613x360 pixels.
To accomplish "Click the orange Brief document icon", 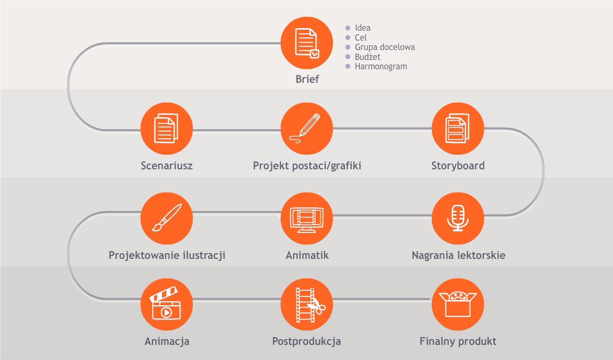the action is (x=307, y=43).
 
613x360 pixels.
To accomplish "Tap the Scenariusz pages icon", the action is (x=167, y=129).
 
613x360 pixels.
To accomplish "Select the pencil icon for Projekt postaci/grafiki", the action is (x=307, y=129).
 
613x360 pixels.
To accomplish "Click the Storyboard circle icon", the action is (x=458, y=129).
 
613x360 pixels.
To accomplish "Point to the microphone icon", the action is (x=458, y=218).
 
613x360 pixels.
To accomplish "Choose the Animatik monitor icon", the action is (x=307, y=218).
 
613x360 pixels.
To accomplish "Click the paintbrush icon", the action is (x=167, y=218).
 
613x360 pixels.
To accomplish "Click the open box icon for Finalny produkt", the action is (x=458, y=304).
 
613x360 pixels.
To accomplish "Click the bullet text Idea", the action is (x=362, y=28).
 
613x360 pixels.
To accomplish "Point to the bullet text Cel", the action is (x=360, y=38).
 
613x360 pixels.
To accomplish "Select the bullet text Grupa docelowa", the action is (x=385, y=47).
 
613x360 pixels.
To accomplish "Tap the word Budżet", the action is (x=368, y=57).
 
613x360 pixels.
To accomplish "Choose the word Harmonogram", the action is (x=381, y=67).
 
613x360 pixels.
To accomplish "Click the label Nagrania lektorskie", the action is (x=458, y=255).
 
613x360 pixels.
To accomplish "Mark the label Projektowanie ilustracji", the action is (x=167, y=255).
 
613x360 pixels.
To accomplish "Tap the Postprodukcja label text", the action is (x=306, y=341).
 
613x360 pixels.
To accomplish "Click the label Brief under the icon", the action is (x=307, y=79).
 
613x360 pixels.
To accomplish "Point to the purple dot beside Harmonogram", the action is (x=348, y=67).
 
